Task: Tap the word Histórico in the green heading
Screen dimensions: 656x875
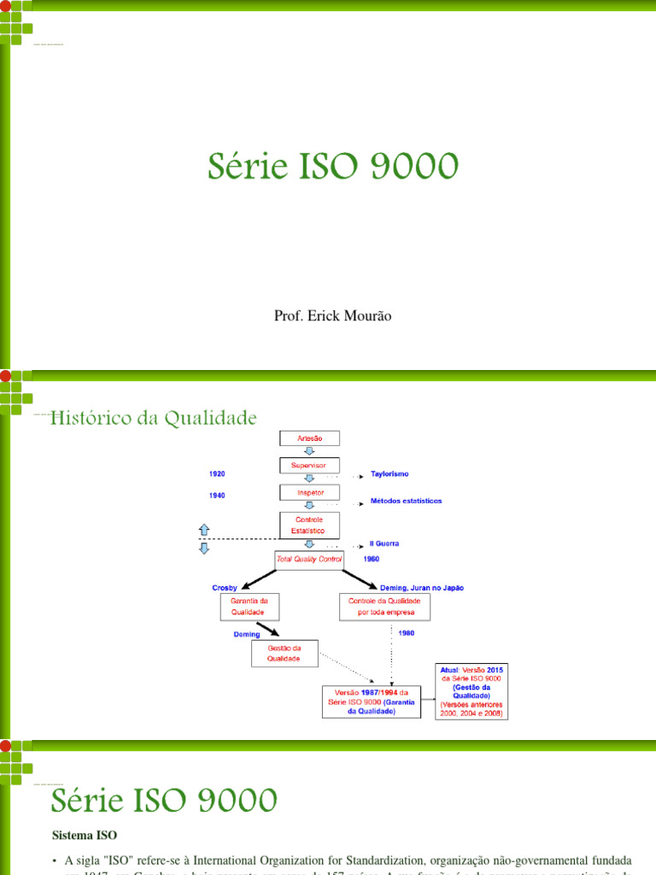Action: click(x=96, y=419)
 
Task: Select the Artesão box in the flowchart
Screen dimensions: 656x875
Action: click(x=309, y=437)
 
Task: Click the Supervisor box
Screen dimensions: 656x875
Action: click(x=309, y=465)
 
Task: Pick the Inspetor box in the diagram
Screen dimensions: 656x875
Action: click(x=309, y=492)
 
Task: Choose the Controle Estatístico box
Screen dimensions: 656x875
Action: click(x=309, y=525)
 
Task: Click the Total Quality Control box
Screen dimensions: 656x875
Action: click(x=309, y=559)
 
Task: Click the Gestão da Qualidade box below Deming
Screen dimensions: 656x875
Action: click(x=284, y=653)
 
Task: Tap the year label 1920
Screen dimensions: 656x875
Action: click(x=218, y=473)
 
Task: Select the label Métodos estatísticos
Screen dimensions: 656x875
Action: click(x=407, y=501)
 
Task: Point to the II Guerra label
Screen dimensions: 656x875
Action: click(x=384, y=543)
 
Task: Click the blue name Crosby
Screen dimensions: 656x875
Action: click(x=224, y=588)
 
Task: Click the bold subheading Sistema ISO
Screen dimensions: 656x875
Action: click(x=84, y=833)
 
